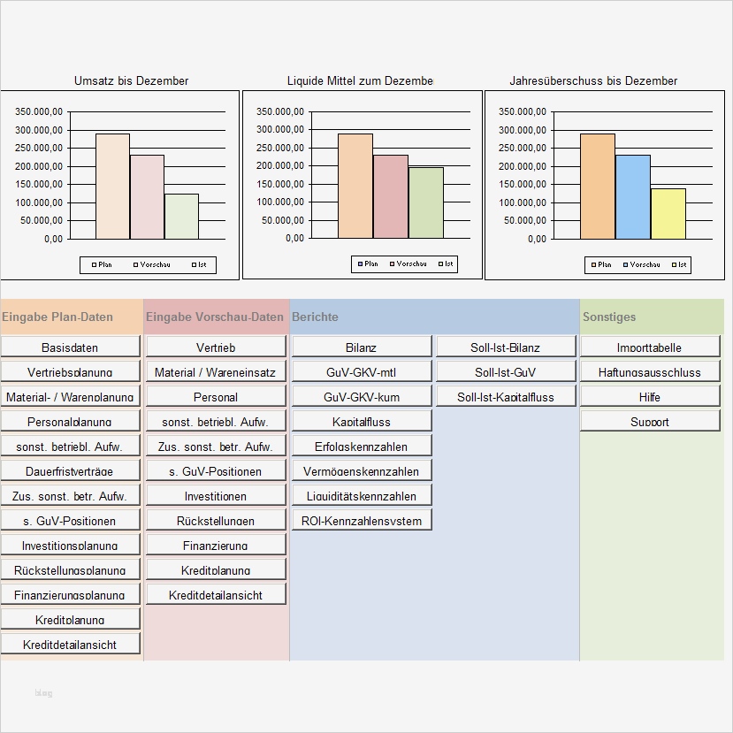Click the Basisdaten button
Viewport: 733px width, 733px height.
click(x=70, y=347)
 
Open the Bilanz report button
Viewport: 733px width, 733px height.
click(x=362, y=347)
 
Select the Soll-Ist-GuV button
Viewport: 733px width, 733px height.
click(x=506, y=371)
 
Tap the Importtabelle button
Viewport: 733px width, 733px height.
click(x=650, y=347)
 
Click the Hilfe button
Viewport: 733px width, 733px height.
click(x=650, y=396)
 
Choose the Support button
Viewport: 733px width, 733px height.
click(x=650, y=421)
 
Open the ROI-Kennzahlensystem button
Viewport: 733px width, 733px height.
click(x=362, y=520)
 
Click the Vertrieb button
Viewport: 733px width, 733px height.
click(x=216, y=347)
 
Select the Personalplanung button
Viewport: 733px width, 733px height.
click(x=70, y=421)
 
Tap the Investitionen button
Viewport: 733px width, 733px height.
click(x=216, y=495)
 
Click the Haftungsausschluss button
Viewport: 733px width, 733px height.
click(x=650, y=371)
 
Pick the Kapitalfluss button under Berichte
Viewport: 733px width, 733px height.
click(x=362, y=421)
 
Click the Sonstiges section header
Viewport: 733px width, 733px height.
click(x=609, y=317)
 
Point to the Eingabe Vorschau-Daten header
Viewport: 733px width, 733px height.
click(x=215, y=317)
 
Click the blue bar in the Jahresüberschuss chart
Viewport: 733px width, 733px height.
click(x=633, y=196)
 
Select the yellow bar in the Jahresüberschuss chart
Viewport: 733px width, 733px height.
click(x=668, y=213)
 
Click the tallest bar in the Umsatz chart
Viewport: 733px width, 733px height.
click(x=113, y=186)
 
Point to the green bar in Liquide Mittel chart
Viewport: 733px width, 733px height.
click(x=426, y=202)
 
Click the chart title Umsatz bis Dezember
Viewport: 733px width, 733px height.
click(x=131, y=80)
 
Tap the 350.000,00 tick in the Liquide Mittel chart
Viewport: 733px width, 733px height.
click(x=280, y=111)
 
